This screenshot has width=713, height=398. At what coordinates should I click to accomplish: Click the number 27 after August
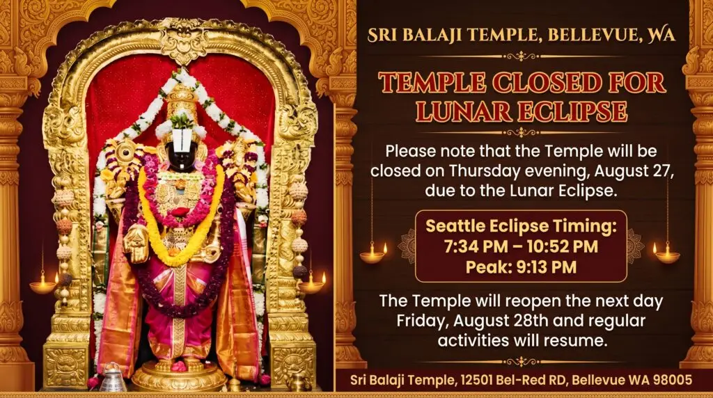[x=663, y=171]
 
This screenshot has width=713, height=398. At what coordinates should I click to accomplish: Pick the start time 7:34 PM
[x=476, y=246]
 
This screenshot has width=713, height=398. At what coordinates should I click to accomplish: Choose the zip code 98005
[x=673, y=379]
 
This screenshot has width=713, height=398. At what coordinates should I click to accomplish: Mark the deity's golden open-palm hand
[x=136, y=244]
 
